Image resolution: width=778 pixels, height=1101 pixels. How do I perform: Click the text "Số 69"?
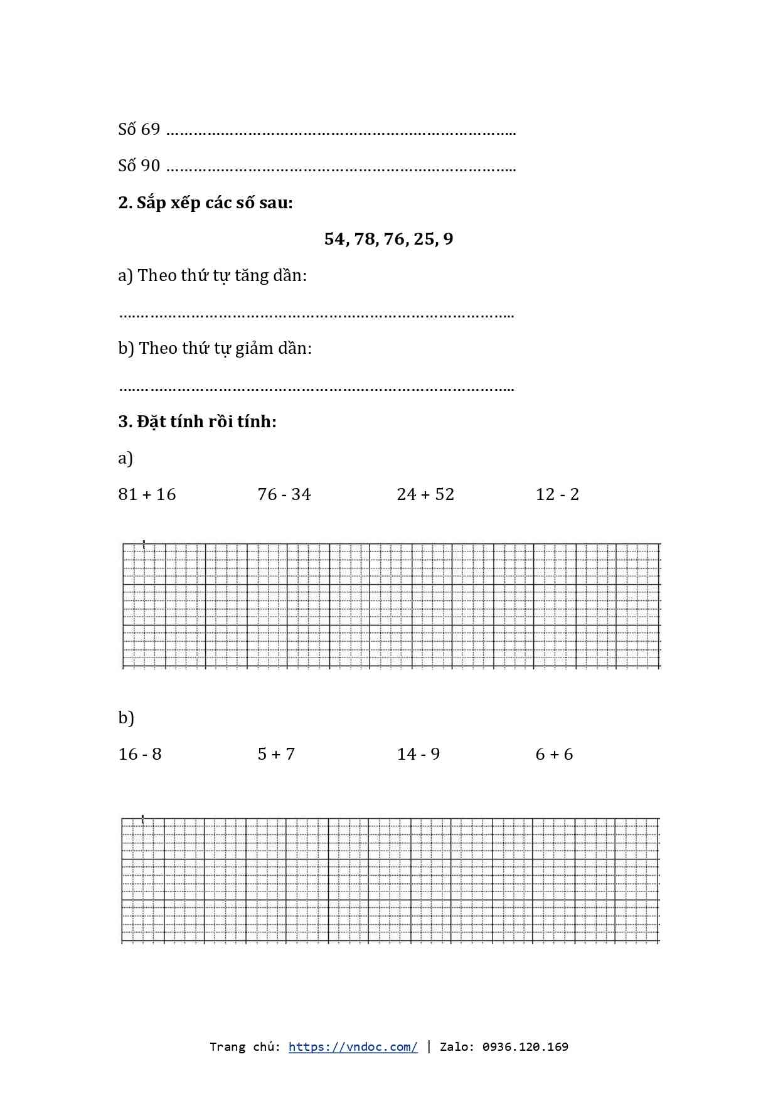click(139, 129)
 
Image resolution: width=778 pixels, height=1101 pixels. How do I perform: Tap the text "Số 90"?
click(139, 166)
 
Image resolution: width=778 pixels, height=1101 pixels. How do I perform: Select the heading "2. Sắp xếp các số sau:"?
click(205, 203)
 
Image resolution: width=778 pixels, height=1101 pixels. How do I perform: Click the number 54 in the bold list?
click(334, 239)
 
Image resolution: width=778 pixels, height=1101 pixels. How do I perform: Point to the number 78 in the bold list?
click(365, 239)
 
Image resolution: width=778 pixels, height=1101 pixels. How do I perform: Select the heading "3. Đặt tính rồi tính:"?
click(197, 421)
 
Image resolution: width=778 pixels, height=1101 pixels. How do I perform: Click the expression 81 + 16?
click(147, 494)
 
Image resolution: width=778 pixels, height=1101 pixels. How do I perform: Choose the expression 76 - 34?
click(284, 494)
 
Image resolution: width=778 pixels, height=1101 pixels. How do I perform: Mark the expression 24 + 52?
click(425, 494)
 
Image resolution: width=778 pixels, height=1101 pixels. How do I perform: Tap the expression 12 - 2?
click(557, 494)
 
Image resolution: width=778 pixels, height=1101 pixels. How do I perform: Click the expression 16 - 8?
click(140, 754)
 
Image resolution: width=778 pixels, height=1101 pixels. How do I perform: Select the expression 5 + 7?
click(276, 754)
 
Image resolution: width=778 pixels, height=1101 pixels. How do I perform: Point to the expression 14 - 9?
click(418, 754)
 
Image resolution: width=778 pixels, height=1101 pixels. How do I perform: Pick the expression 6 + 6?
click(554, 754)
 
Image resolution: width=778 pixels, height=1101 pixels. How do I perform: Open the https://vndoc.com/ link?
click(353, 1047)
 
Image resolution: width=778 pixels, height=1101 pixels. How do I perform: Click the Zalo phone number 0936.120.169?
click(525, 1047)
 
